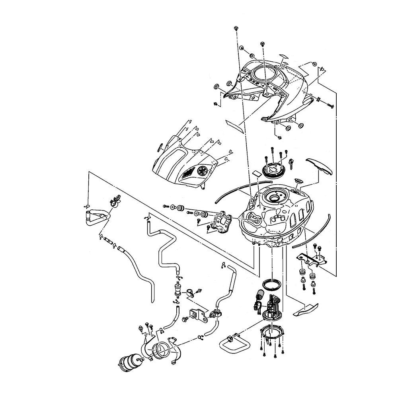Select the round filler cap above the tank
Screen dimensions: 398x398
tap(273, 169)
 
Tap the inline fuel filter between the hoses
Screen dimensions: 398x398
tap(178, 289)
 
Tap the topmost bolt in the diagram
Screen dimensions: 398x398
tap(236, 28)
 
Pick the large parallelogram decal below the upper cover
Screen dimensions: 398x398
tap(235, 125)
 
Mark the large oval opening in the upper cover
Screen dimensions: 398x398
tap(264, 74)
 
